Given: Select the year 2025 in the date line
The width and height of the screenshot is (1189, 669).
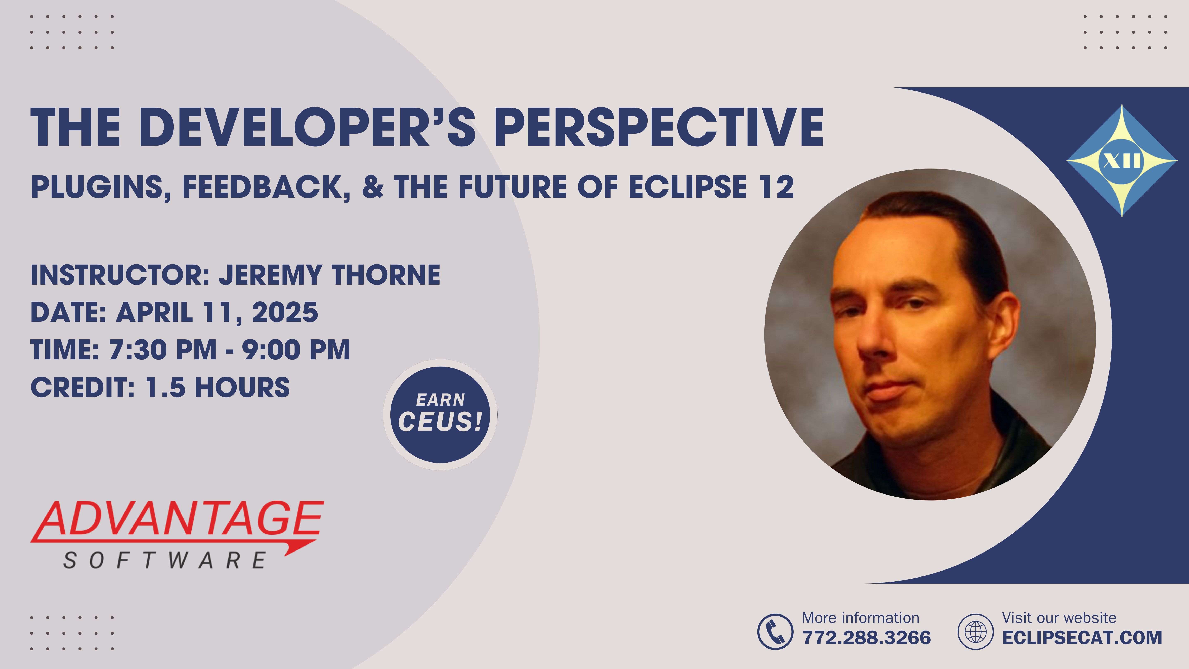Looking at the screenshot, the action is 285,313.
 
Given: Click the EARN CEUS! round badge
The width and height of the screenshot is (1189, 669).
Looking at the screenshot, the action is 440,415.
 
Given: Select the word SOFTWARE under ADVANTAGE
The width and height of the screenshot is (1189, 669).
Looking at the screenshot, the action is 165,561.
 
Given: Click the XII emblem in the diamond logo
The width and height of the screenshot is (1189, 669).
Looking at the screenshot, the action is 1122,161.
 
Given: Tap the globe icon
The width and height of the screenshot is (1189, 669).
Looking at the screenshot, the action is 975,632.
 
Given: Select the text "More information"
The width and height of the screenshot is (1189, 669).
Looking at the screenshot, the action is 860,618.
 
